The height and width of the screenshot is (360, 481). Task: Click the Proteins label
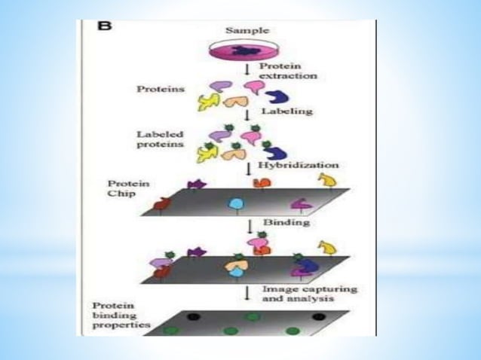coord(160,89)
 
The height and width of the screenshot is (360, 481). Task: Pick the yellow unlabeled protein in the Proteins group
coord(207,102)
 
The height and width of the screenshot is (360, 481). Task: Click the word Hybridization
coord(298,163)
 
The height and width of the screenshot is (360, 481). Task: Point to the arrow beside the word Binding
coord(249,224)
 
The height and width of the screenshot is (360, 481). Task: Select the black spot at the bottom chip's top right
coord(318,316)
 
